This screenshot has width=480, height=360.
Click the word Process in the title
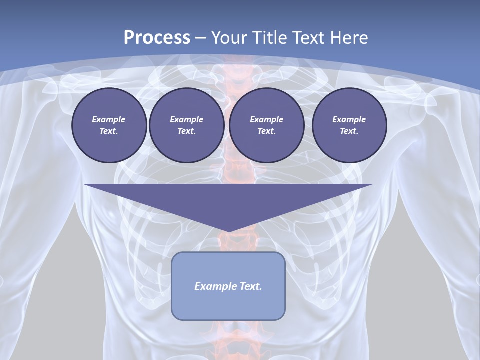[x=157, y=37]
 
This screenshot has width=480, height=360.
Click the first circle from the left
[x=109, y=125]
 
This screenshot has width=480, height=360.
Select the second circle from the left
[x=186, y=125]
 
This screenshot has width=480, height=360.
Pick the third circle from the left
[x=266, y=125]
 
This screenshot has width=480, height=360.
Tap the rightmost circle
[x=349, y=125]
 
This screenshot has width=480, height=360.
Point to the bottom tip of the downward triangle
[x=228, y=232]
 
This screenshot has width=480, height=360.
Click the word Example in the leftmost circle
[x=109, y=119]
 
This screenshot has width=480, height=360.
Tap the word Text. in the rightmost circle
[x=349, y=131]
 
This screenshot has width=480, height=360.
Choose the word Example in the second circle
[x=186, y=119]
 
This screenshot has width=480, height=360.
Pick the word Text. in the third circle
[x=266, y=131]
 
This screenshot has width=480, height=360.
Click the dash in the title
[x=201, y=38]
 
